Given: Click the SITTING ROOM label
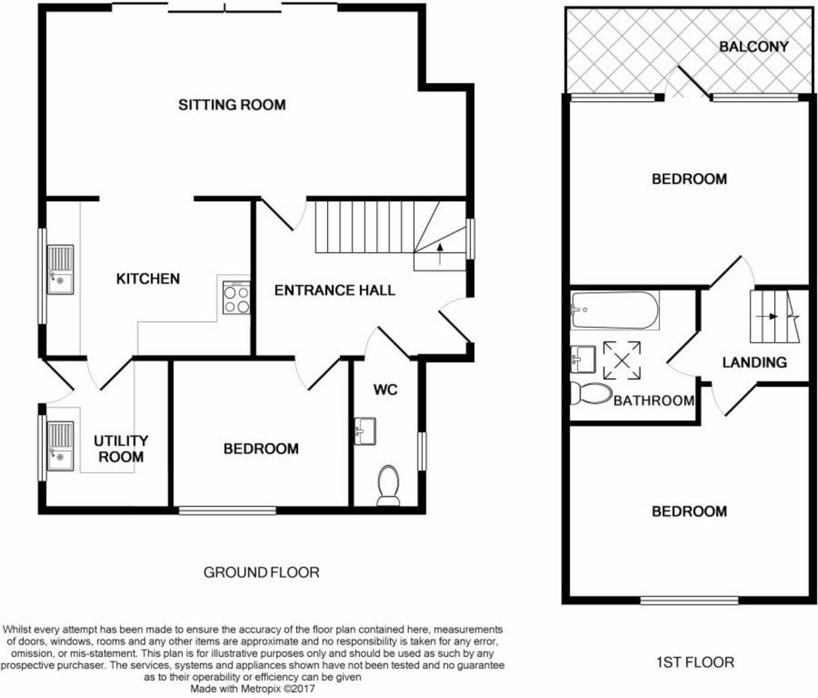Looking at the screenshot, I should pyautogui.click(x=232, y=104).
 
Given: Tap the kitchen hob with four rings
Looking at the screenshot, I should pyautogui.click(x=236, y=299).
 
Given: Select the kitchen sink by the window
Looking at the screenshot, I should pyautogui.click(x=60, y=269).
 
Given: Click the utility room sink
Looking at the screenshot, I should pyautogui.click(x=60, y=446).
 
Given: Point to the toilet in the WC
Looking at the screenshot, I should pyautogui.click(x=389, y=485).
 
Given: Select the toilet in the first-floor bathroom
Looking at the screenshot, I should pyautogui.click(x=590, y=393).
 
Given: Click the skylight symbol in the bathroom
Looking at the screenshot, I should pyautogui.click(x=622, y=360).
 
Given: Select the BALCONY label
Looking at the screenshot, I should pyautogui.click(x=754, y=46).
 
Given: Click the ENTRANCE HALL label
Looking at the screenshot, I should pyautogui.click(x=335, y=290).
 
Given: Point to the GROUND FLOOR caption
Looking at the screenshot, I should pyautogui.click(x=261, y=572).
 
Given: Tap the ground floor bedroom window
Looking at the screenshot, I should pyautogui.click(x=227, y=510).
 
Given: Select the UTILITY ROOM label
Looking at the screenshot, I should pyautogui.click(x=121, y=449).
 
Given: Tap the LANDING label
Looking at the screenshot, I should pyautogui.click(x=754, y=362).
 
